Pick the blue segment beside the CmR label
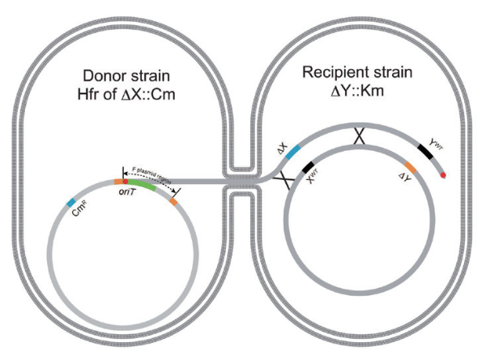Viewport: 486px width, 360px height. click(x=71, y=200)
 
